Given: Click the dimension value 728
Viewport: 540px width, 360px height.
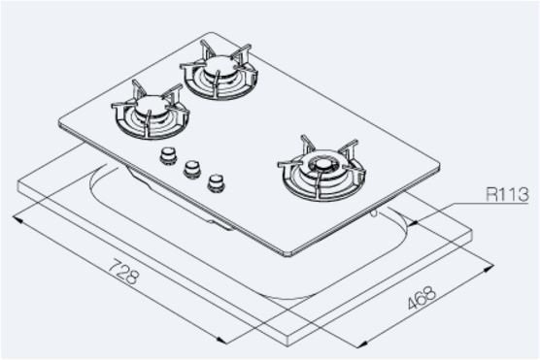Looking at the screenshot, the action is coord(123,272).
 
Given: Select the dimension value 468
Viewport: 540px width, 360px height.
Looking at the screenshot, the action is coord(422,298).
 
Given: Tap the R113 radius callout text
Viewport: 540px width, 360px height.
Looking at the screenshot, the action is coord(507,194).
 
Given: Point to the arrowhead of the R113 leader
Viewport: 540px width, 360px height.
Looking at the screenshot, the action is coord(415,222).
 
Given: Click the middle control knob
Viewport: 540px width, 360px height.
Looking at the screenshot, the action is coord(192,169).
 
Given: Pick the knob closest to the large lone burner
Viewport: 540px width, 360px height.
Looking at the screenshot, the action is coord(216,182).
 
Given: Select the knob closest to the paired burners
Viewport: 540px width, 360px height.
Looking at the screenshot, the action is coord(168,155).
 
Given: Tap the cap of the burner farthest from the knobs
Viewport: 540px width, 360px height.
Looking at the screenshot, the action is coord(218,65).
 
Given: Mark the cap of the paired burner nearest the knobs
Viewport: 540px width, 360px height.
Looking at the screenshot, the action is coord(151,105).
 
